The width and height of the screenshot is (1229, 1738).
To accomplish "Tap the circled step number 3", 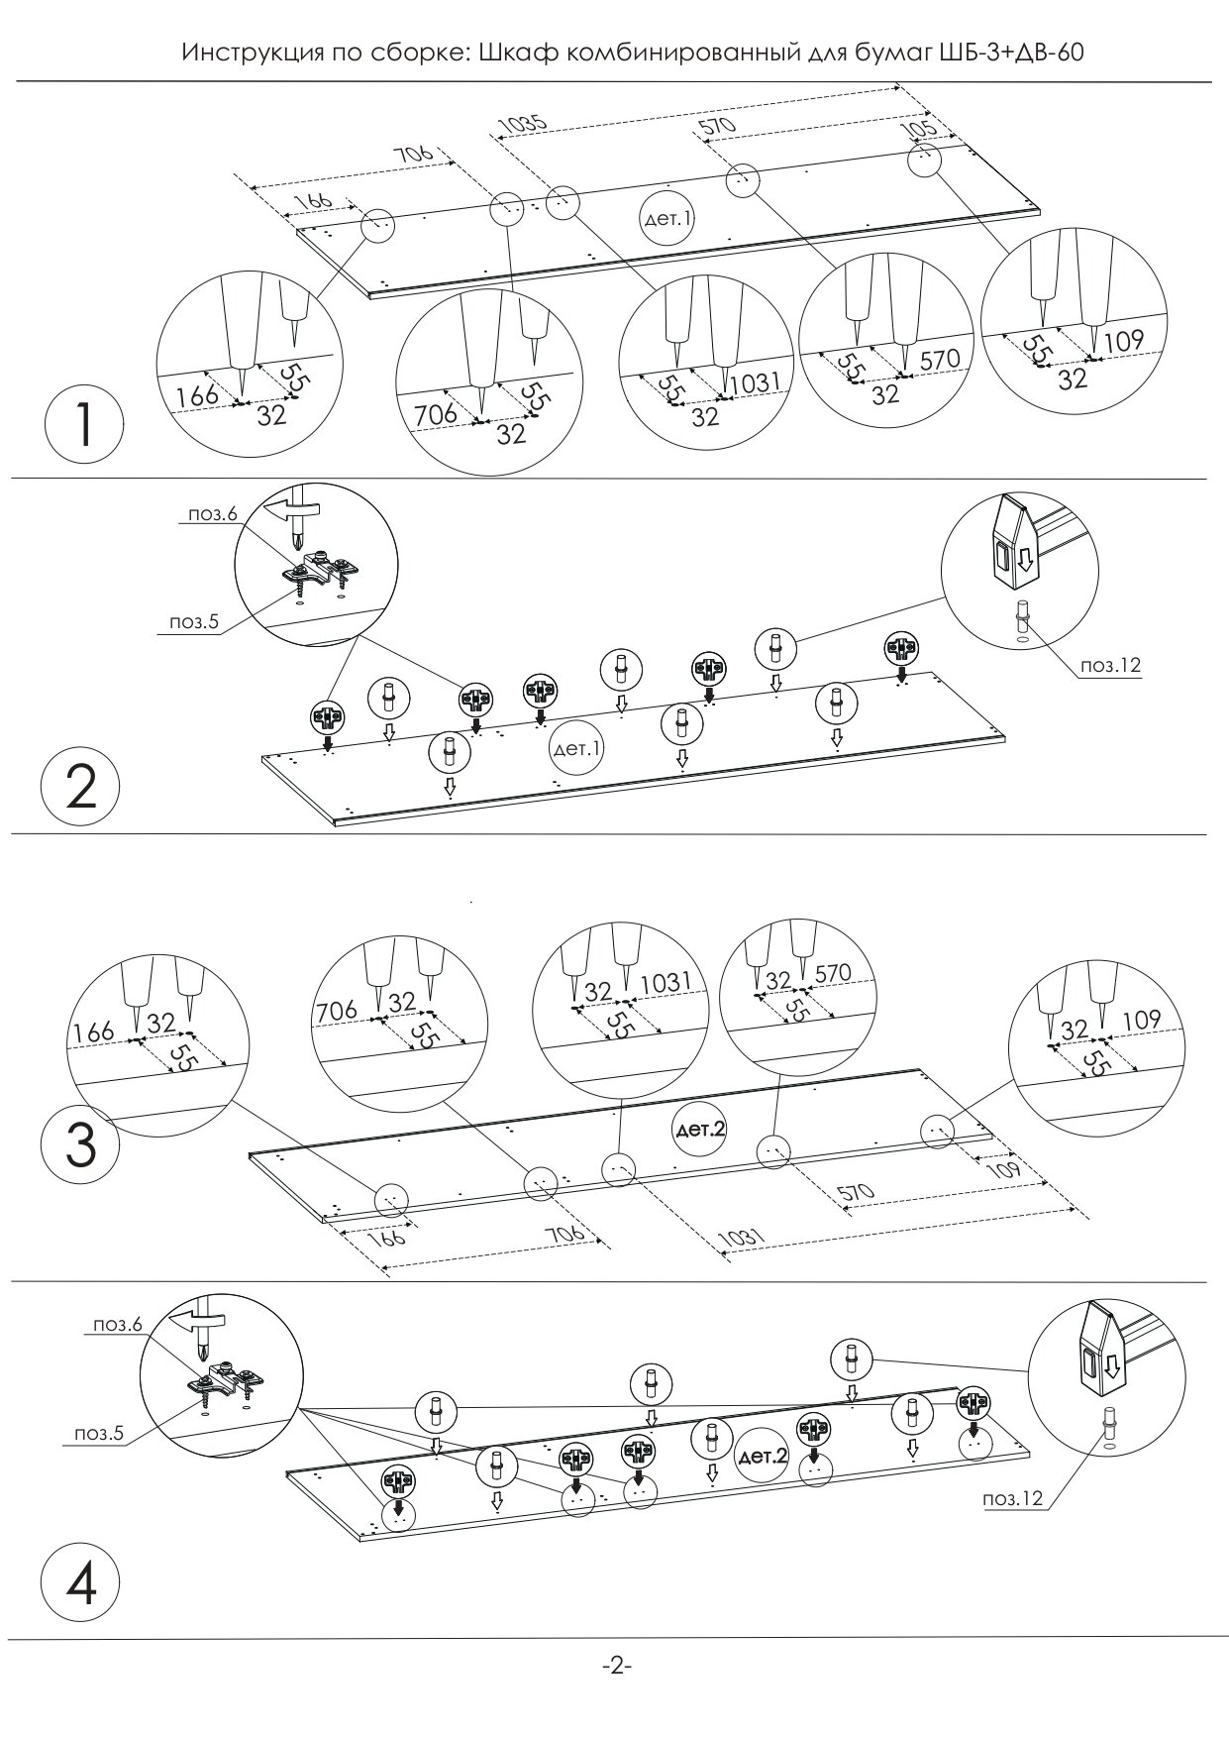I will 80,1146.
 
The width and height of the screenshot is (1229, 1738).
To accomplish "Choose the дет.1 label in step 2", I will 576,749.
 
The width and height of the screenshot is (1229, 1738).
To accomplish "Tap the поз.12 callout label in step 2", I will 1110,666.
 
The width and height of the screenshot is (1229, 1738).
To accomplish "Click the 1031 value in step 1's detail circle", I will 756,381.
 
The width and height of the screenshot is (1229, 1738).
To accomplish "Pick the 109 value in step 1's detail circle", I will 1122,342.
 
